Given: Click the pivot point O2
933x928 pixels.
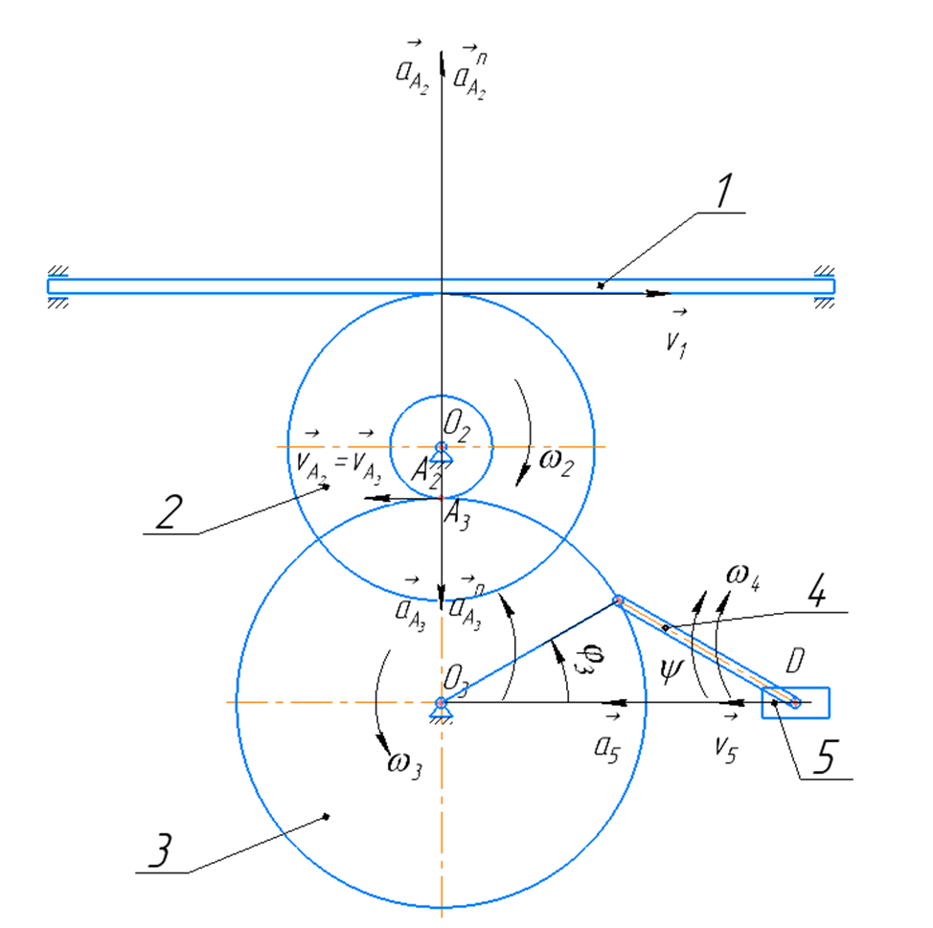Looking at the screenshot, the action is tap(441, 447).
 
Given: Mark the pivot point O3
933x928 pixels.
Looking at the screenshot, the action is tap(441, 703).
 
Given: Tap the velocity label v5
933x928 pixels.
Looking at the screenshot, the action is tap(732, 745).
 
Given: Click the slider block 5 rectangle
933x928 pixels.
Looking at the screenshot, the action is tap(796, 703).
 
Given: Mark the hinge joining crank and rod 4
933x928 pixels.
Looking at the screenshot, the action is tap(619, 601).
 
